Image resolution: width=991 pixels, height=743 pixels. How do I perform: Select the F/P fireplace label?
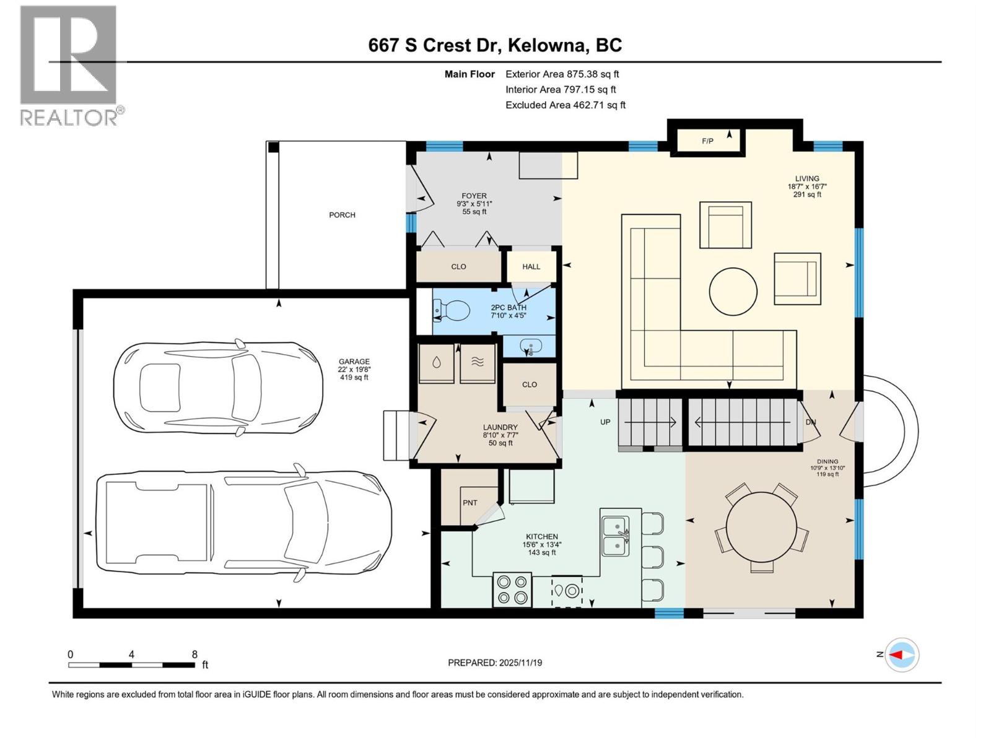(x=707, y=141)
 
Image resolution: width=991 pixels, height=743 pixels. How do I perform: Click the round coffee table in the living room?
(x=733, y=291)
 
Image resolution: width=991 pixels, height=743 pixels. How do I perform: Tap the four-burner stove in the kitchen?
(x=512, y=589)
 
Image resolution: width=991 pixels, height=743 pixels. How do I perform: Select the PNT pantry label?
(x=470, y=503)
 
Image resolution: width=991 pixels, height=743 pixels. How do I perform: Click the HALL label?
(x=531, y=267)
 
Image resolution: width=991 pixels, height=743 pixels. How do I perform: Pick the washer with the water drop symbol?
(x=437, y=363)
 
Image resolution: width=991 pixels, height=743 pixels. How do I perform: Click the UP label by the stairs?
(x=605, y=422)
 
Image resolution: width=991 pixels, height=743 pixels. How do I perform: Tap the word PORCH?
(x=342, y=215)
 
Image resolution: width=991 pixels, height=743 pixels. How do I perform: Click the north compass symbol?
(x=902, y=654)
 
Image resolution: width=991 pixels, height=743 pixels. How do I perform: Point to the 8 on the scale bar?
(x=194, y=654)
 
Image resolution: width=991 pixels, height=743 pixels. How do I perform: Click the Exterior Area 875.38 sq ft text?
(x=562, y=74)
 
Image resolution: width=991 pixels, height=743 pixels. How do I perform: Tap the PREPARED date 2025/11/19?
(x=495, y=663)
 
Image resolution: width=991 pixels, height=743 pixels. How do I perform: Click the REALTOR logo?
(x=69, y=65)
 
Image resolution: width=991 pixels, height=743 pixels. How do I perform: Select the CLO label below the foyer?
(x=458, y=267)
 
